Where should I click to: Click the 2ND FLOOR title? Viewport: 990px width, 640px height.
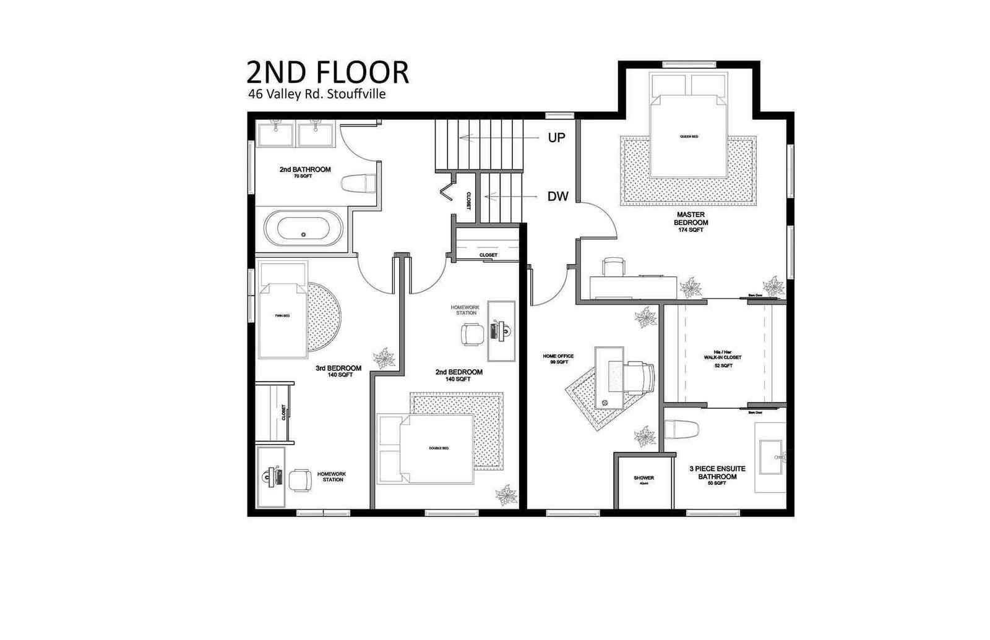click(x=327, y=72)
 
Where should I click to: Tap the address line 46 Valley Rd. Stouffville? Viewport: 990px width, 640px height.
click(x=317, y=95)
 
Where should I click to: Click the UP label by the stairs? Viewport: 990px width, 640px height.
click(x=556, y=137)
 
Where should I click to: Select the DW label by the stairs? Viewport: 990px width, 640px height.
click(x=557, y=197)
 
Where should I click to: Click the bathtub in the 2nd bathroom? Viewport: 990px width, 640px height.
click(x=303, y=228)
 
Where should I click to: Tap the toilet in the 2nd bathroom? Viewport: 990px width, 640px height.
click(x=359, y=183)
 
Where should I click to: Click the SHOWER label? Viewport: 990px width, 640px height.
click(x=643, y=478)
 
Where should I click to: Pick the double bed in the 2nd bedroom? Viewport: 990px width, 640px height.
click(x=437, y=449)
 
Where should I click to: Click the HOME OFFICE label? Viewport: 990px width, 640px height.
click(x=558, y=359)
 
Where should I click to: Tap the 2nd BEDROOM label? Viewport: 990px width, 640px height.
click(x=458, y=375)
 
